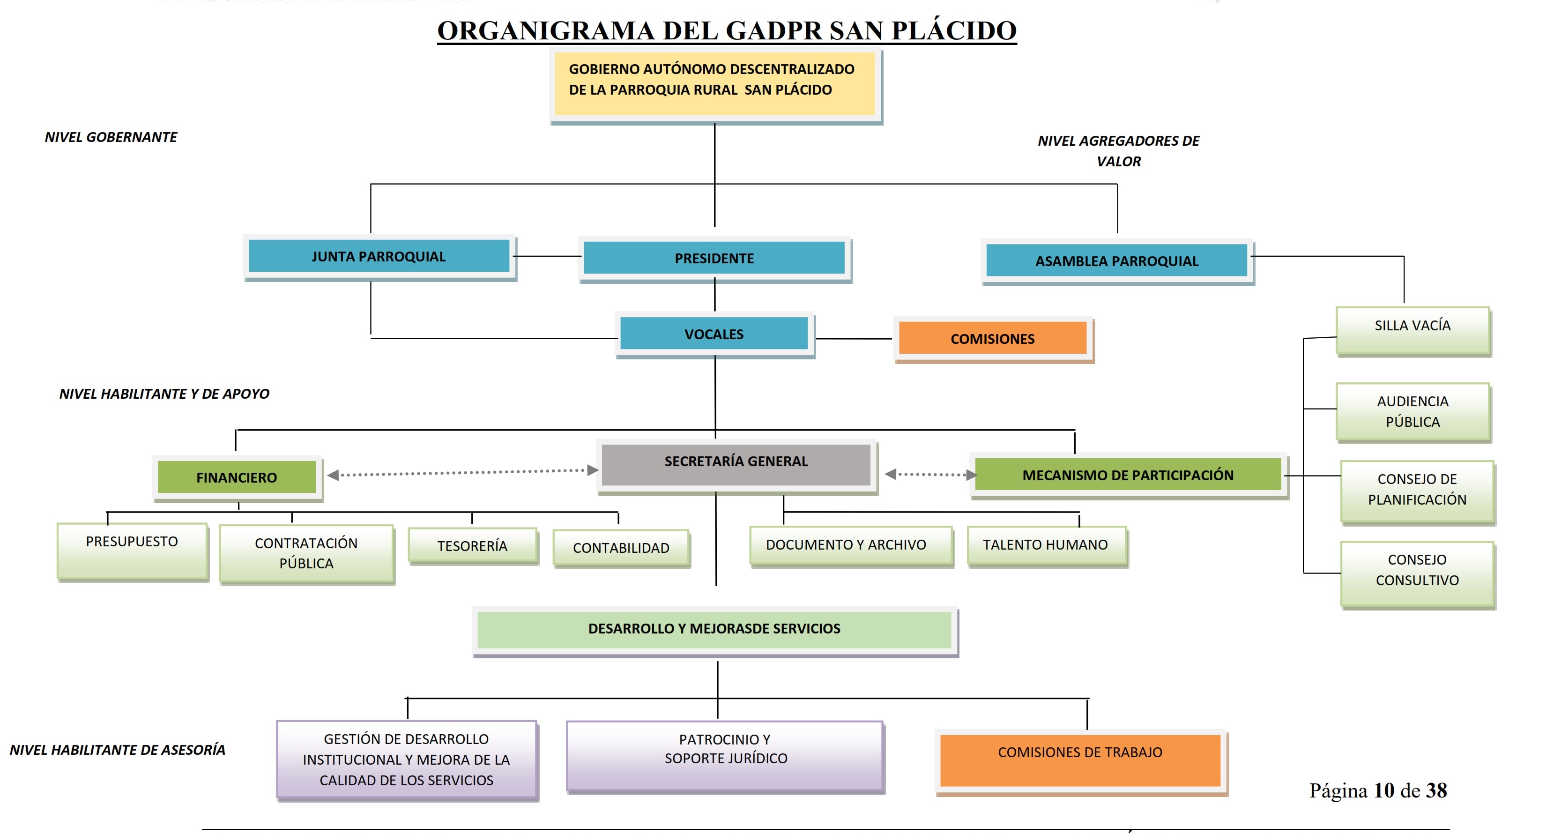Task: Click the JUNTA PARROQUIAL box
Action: click(379, 256)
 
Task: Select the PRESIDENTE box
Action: click(714, 258)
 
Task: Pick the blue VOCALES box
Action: click(714, 334)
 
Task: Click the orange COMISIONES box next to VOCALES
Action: click(993, 339)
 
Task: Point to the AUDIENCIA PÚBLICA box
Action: click(1412, 411)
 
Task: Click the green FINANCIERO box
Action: click(236, 477)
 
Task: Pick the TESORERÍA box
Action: click(473, 546)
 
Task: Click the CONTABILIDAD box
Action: click(621, 548)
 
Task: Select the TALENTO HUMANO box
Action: click(1046, 545)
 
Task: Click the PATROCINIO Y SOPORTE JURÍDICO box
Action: click(725, 755)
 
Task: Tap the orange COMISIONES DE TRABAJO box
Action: click(1080, 760)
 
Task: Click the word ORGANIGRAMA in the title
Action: click(545, 31)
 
